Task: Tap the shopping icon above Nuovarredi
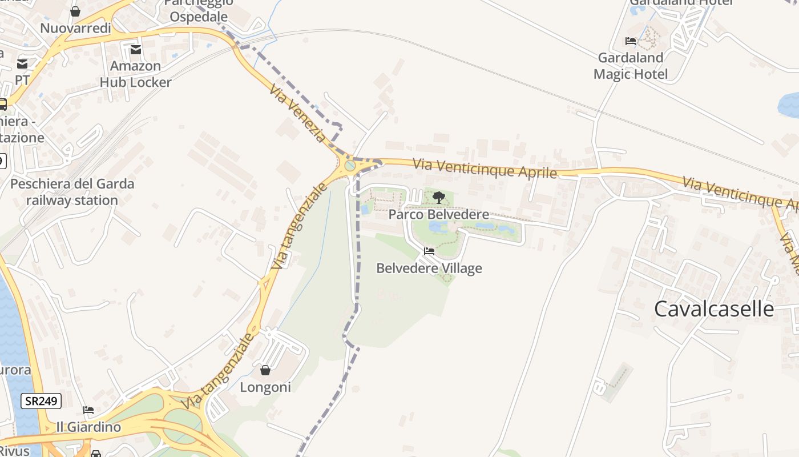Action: point(75,11)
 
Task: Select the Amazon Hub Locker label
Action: point(135,74)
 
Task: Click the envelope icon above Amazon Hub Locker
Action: point(135,50)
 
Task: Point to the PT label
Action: point(22,80)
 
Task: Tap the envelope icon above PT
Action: point(22,63)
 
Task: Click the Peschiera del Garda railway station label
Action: point(72,192)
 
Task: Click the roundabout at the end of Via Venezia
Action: point(350,166)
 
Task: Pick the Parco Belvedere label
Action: point(439,214)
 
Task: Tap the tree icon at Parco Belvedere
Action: point(438,198)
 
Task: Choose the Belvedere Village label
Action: point(429,268)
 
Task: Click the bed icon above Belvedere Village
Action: point(429,251)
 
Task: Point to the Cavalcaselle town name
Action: point(714,309)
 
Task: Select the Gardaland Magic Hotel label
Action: point(631,66)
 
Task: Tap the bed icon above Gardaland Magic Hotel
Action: point(631,41)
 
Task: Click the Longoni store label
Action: point(265,387)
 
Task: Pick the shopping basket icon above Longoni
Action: point(265,370)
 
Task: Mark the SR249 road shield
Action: point(41,401)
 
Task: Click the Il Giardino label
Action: point(88,427)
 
